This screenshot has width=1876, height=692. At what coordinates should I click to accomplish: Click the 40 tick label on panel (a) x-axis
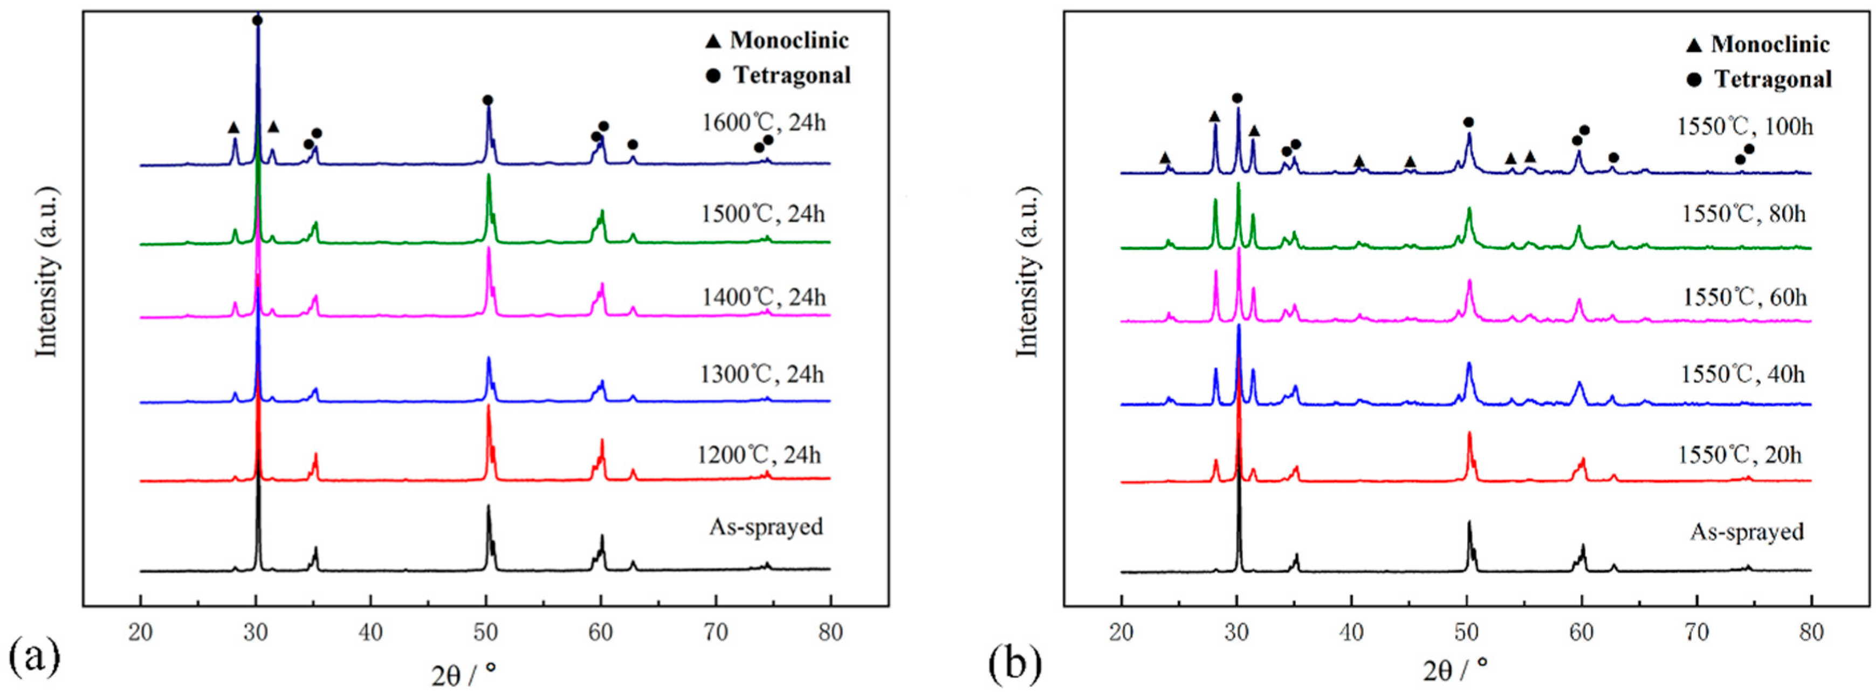pyautogui.click(x=370, y=632)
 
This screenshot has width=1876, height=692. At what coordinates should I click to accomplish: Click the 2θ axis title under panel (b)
pyautogui.click(x=1455, y=668)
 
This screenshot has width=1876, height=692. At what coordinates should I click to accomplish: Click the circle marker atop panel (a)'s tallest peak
pyautogui.click(x=257, y=20)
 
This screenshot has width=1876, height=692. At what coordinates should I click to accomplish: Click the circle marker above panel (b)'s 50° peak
pyautogui.click(x=1468, y=122)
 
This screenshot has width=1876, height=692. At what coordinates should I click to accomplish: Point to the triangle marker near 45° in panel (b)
pyautogui.click(x=1410, y=162)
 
